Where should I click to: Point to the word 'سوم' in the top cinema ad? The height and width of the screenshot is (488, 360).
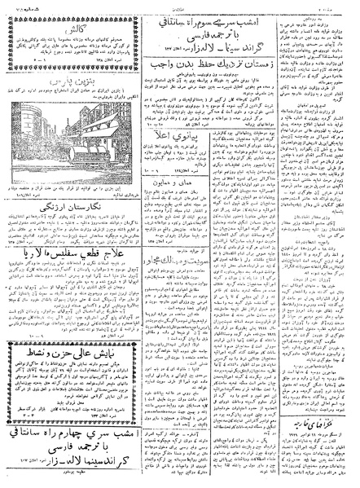tap(184, 11)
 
